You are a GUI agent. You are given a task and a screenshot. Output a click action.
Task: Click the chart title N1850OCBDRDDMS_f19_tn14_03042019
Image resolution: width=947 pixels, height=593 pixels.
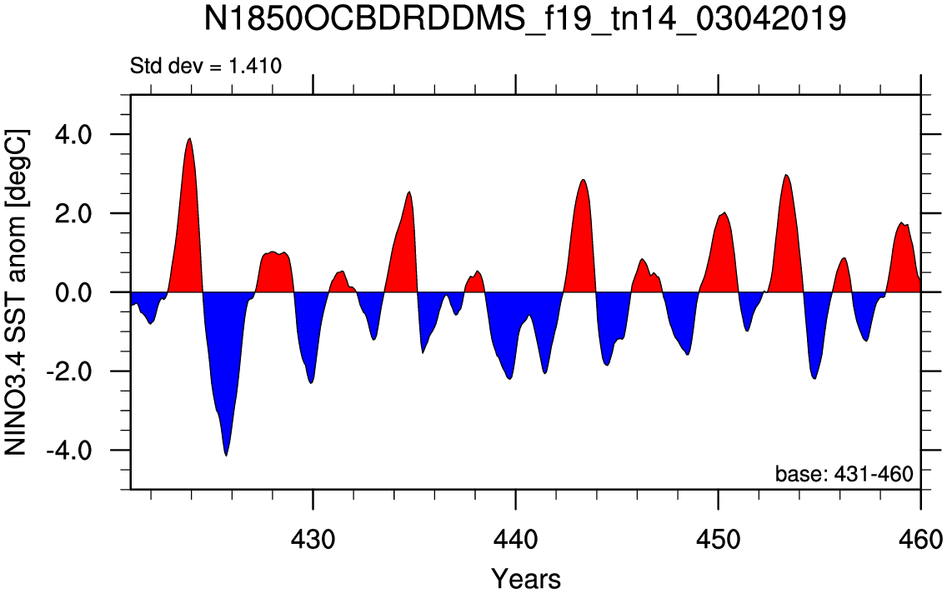pyautogui.click(x=524, y=18)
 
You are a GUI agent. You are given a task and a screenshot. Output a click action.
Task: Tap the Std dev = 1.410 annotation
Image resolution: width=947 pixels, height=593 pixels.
pyautogui.click(x=206, y=65)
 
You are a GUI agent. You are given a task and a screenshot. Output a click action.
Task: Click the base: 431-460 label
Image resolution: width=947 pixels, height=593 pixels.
pyautogui.click(x=844, y=474)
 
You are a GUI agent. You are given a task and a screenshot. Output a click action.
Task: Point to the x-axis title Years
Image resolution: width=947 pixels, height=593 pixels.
pyautogui.click(x=525, y=579)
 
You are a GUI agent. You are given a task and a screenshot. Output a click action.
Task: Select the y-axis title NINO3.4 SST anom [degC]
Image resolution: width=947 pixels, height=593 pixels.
pyautogui.click(x=16, y=292)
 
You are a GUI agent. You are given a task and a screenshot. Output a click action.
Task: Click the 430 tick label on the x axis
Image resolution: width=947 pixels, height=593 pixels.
pyautogui.click(x=313, y=539)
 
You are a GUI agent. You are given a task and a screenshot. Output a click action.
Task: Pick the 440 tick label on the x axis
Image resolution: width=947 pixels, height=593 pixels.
pyautogui.click(x=515, y=539)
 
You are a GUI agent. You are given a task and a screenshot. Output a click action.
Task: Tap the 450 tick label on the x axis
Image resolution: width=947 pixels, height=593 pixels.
pyautogui.click(x=718, y=539)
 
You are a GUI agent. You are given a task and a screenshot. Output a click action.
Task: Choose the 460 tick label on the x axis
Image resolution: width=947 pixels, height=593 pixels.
pyautogui.click(x=919, y=539)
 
